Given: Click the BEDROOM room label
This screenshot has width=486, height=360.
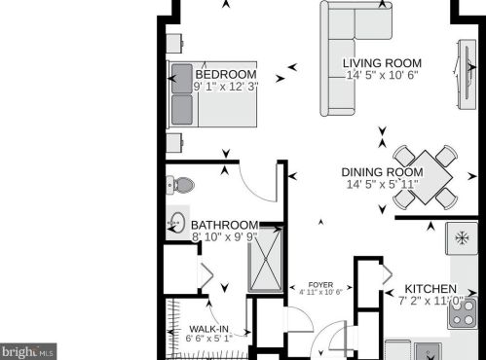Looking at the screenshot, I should tap(225, 75).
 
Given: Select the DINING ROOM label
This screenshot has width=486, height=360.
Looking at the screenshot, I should tap(381, 172).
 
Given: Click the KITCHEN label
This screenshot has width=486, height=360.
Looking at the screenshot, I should tap(430, 289).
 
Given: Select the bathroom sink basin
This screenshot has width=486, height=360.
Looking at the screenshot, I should tap(177, 222).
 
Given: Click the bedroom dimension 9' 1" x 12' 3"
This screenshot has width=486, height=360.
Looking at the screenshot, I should tap(225, 87).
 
